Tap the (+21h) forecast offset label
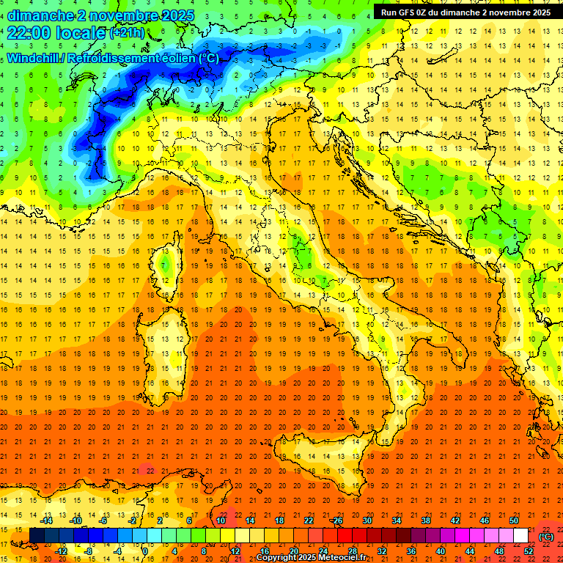point(126,33)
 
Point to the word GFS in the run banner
point(411,12)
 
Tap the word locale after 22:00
point(80,33)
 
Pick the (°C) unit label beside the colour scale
point(545,537)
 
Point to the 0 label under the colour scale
point(145,551)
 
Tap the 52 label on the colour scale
point(528,551)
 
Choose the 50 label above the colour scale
point(513,520)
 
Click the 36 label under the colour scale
point(411,551)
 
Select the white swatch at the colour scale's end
point(520,535)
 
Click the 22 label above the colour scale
point(308,520)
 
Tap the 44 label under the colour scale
point(469,551)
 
